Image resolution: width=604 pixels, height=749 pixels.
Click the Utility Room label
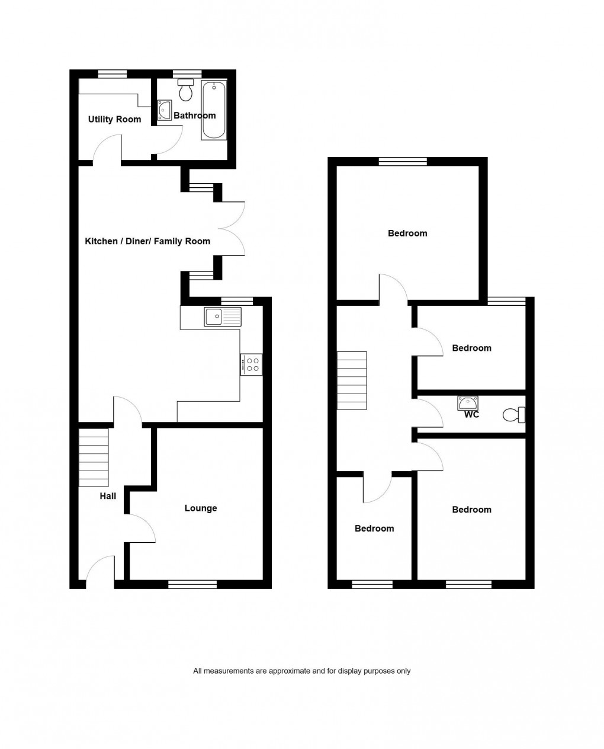114,119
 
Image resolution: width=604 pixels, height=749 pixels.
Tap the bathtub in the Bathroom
214,110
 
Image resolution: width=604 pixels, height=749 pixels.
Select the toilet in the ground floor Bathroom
186,90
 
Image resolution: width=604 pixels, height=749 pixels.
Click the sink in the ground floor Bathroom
164,111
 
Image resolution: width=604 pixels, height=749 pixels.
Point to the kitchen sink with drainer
223,316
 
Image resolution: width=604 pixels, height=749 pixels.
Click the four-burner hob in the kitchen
252,364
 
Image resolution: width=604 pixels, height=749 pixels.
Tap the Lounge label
201,508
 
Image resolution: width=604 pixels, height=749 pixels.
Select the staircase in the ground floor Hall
94,457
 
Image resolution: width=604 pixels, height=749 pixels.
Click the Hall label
108,496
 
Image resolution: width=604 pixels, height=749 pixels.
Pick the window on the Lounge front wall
192,585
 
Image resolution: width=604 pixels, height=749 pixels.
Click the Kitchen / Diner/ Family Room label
147,241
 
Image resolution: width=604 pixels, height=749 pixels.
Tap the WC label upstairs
471,415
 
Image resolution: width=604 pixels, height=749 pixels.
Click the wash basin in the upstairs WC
468,404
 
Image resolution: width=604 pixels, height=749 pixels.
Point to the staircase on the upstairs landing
352,380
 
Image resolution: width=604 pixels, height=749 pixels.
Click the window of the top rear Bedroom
403,161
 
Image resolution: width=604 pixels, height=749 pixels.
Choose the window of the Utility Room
112,74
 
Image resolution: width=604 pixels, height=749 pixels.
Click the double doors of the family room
232,228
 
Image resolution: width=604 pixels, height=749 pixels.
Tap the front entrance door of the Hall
100,572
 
